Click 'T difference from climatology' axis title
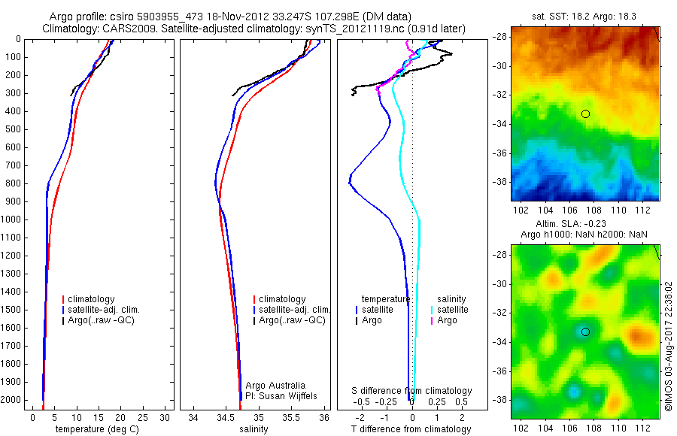click(411, 429)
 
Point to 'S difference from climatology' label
click(411, 391)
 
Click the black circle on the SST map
click(585, 114)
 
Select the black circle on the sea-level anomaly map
click(585, 332)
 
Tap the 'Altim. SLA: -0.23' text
click(584, 224)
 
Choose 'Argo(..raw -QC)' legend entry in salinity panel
click(292, 320)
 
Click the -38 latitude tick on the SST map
click(499, 181)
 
